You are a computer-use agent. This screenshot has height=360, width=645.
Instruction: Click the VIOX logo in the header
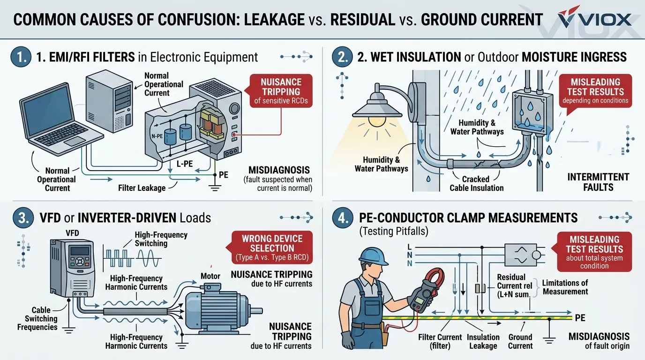[595, 20]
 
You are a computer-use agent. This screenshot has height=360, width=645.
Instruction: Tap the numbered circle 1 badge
[19, 57]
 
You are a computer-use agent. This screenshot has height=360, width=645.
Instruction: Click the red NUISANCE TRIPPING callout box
[280, 90]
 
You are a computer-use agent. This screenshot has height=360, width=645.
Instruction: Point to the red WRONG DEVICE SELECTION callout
[272, 248]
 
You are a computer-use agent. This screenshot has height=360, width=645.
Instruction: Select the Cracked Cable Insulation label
[476, 183]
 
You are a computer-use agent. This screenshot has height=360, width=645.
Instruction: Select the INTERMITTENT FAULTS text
[598, 182]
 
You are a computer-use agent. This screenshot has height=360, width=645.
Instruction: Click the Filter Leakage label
[142, 188]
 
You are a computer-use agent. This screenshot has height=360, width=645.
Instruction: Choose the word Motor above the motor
[210, 276]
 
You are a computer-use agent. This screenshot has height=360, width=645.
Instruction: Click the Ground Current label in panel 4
[520, 341]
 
